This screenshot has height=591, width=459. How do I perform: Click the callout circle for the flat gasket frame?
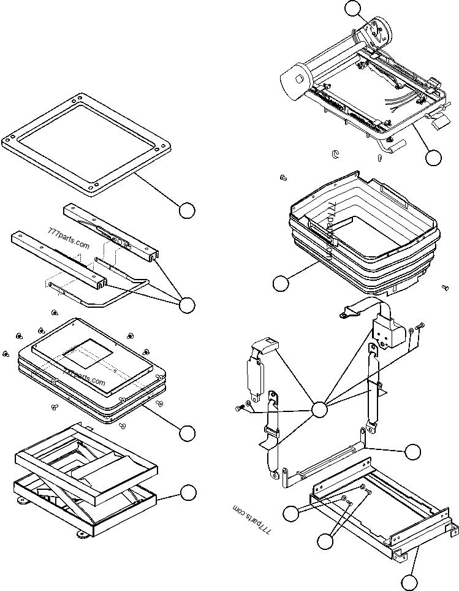click(187, 210)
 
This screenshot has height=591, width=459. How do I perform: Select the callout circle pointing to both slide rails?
click(186, 304)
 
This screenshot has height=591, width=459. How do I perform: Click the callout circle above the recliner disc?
click(352, 8)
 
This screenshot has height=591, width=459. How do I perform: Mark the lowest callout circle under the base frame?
click(411, 582)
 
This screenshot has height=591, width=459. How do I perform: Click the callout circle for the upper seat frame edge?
click(433, 157)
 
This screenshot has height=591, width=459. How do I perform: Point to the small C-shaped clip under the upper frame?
click(335, 153)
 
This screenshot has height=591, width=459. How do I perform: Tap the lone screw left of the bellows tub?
click(283, 178)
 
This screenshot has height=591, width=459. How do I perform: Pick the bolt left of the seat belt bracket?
click(238, 407)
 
